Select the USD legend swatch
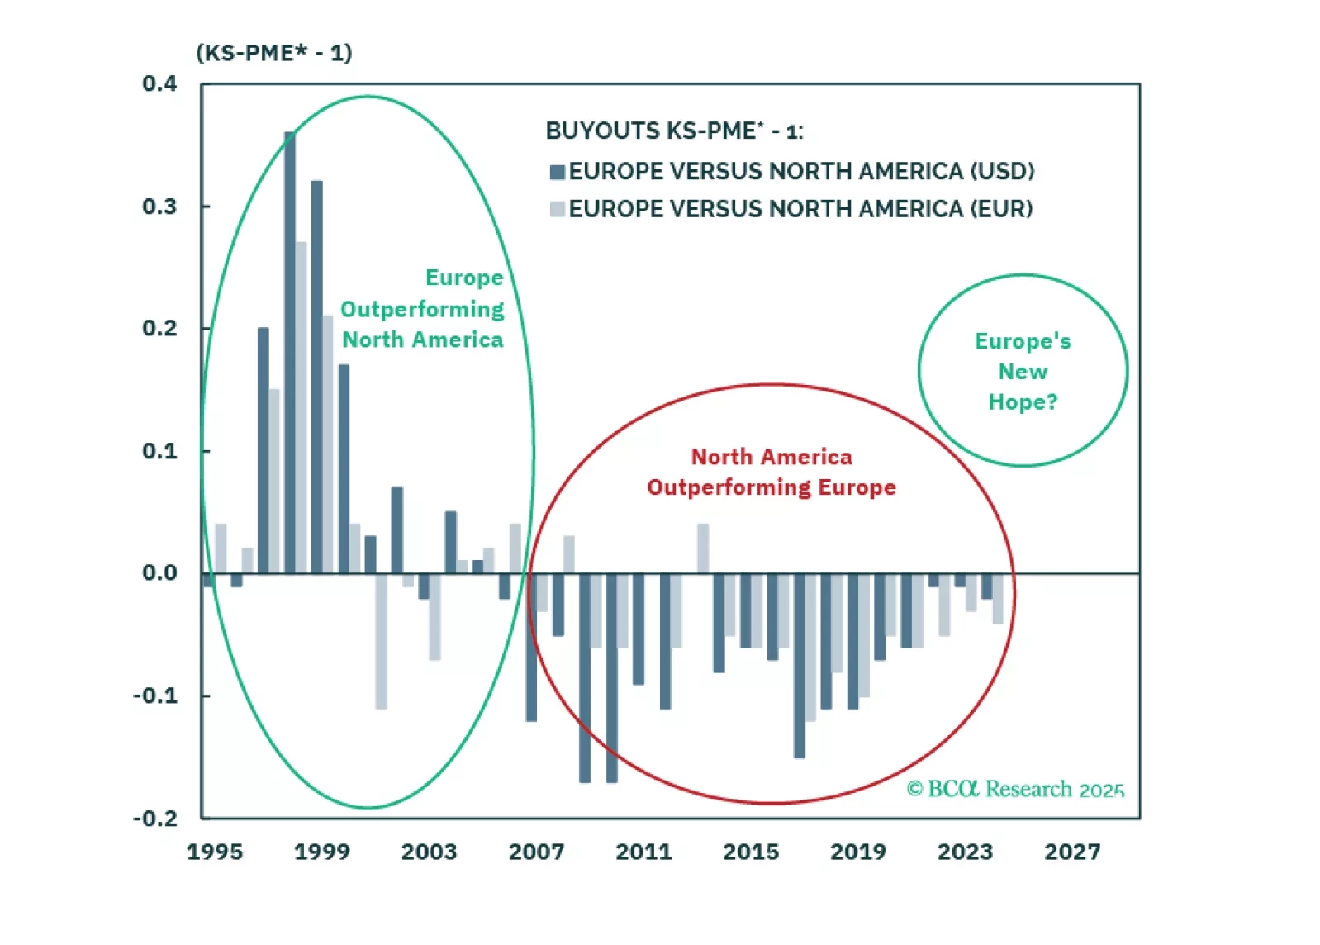(x=558, y=172)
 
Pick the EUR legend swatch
(x=558, y=209)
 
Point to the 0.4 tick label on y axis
(x=159, y=83)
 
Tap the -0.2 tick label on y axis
(x=155, y=819)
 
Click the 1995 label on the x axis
(x=215, y=852)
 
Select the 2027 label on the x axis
(x=1072, y=852)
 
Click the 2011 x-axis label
(x=643, y=852)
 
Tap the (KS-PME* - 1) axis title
(x=274, y=53)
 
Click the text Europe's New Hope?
(x=1023, y=372)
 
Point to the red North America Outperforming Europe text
(x=772, y=472)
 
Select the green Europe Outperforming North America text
(x=423, y=309)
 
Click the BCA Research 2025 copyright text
(x=1015, y=789)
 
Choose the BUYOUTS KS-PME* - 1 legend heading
(x=674, y=131)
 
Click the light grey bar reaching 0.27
(x=302, y=407)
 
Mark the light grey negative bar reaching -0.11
(x=381, y=641)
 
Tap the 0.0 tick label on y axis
(x=159, y=573)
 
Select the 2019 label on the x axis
(x=857, y=852)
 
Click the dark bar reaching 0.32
(x=317, y=377)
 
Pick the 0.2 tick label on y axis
(x=159, y=328)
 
